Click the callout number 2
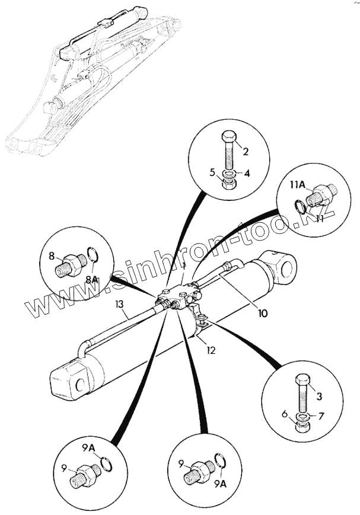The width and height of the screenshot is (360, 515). click(245, 152)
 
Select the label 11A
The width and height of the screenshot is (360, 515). click(298, 185)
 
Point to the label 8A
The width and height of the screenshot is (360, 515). click(91, 279)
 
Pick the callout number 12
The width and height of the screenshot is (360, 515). click(211, 350)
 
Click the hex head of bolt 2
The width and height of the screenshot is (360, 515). click(230, 137)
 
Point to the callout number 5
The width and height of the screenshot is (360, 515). click(212, 174)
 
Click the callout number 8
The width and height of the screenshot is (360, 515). click(52, 256)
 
